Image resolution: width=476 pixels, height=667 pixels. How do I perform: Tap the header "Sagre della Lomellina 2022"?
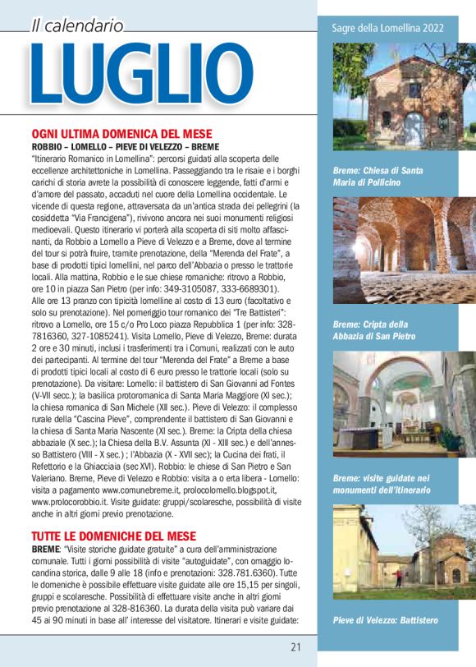pos(388,28)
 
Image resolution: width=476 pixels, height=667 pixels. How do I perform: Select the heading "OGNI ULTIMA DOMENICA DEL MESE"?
pos(121,133)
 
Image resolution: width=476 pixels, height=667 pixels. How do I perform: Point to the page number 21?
pos(296,646)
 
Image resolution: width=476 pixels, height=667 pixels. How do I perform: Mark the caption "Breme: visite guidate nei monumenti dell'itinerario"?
pos(383,484)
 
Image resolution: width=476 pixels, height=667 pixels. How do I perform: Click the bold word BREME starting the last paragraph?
pos(45,548)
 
